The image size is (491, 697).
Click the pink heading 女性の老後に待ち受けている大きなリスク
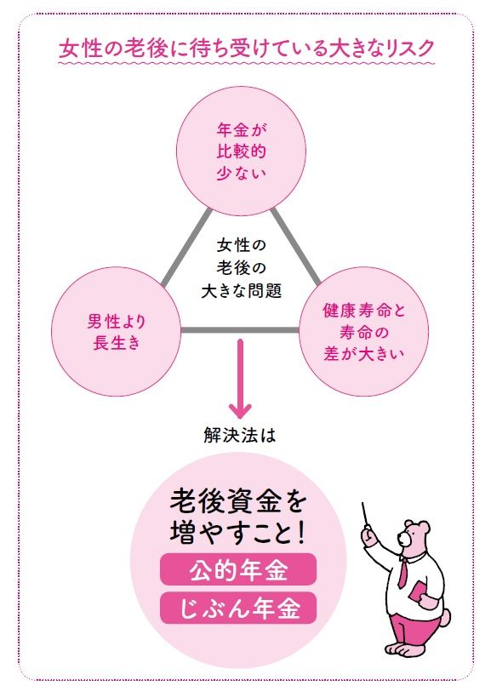246,48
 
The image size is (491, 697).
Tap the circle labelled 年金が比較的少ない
242,151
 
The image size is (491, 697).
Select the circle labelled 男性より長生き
117,331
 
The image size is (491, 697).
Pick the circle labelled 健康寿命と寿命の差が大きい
364,331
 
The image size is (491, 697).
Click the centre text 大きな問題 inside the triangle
242,291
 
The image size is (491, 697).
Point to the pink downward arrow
240,379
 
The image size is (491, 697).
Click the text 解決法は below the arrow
240,435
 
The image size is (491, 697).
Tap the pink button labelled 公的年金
238,569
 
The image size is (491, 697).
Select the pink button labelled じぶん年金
238,608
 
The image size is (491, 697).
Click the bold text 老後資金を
238,501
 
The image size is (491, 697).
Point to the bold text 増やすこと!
238,532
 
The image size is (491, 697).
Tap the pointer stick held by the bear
366,516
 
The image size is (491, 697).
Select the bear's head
414,537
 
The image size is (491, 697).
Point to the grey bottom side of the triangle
240,330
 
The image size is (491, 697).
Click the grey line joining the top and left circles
186,248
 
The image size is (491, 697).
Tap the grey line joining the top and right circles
295,247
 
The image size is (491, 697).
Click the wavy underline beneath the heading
246,64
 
